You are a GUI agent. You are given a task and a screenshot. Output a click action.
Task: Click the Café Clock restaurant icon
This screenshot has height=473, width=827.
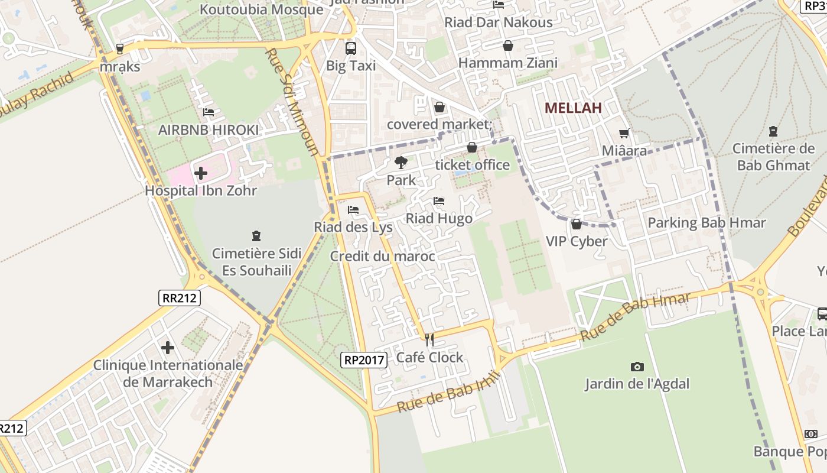pos(429,340)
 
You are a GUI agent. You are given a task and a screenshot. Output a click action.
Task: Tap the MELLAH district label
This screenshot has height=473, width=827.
pos(573,108)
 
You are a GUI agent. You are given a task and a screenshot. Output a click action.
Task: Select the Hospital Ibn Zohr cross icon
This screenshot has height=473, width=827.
pos(201,173)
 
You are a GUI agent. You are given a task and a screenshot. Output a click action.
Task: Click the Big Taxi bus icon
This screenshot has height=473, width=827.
pos(350,48)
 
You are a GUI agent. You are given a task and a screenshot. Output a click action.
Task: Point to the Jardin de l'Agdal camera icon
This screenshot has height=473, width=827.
pos(637,367)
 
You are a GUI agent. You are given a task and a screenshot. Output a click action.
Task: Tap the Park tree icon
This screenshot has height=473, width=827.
pos(401,162)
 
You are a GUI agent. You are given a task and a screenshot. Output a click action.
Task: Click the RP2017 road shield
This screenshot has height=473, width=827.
pos(364,359)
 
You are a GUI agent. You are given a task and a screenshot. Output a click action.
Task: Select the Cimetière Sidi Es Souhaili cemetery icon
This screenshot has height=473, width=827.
pos(256,236)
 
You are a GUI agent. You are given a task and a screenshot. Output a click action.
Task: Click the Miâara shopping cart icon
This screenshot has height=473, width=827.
pos(624,134)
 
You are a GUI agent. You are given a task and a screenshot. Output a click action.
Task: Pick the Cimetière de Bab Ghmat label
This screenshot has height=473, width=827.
pos(773,157)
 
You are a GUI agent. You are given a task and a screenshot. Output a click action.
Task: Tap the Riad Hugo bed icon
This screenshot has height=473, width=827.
pos(439,201)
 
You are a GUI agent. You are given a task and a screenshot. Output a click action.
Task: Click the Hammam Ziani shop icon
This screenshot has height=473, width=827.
pos(507,46)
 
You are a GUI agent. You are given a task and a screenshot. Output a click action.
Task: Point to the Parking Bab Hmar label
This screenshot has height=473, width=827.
pos(706,223)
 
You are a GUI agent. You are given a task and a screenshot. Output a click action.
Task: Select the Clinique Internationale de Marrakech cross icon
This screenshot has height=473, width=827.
pos(168,347)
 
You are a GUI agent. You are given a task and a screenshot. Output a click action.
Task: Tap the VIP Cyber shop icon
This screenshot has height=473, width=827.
pos(576,224)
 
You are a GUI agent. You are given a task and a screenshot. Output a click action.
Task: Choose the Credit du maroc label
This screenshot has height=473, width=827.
pos(382,256)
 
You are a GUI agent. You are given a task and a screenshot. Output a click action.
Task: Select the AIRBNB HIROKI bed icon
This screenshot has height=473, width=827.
pos(208,112)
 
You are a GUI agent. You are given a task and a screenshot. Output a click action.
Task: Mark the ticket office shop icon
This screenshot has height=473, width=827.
pos(471,147)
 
